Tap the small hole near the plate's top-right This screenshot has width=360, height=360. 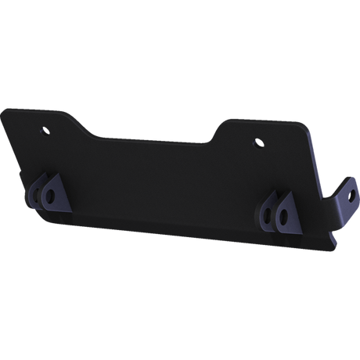click(x=259, y=143)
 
